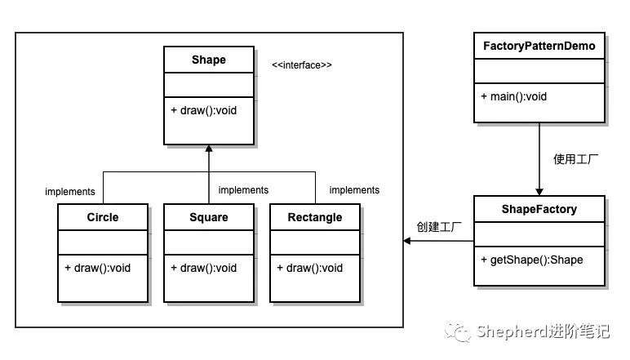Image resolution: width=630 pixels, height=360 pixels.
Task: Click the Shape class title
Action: (209, 60)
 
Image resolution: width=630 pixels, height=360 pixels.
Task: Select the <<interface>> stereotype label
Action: (302, 65)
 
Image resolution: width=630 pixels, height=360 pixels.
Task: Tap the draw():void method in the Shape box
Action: (204, 110)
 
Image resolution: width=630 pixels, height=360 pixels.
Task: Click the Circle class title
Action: (103, 217)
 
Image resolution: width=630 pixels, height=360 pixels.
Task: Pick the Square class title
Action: (209, 217)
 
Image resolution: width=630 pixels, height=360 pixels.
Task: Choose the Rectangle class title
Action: (315, 217)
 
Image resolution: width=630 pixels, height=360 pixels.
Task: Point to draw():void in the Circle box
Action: (98, 268)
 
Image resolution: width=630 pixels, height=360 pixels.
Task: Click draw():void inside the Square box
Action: (204, 268)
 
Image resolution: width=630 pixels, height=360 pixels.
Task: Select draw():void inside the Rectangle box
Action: (310, 268)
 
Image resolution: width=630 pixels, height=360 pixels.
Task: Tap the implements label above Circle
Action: (70, 192)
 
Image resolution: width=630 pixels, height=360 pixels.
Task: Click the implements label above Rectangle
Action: (354, 190)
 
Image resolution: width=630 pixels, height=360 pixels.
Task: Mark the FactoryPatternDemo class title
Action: (539, 47)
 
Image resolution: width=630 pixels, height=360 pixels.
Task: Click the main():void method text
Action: (514, 96)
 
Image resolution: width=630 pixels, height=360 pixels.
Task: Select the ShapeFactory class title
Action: (539, 209)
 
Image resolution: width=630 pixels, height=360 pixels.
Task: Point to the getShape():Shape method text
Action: (532, 260)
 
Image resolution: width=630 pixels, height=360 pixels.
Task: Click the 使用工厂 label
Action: (575, 159)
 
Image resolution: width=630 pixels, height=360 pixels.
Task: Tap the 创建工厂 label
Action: (439, 227)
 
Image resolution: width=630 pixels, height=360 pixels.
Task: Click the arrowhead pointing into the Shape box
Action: (209, 149)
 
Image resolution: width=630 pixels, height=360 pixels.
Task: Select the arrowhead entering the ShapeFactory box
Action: (539, 192)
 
